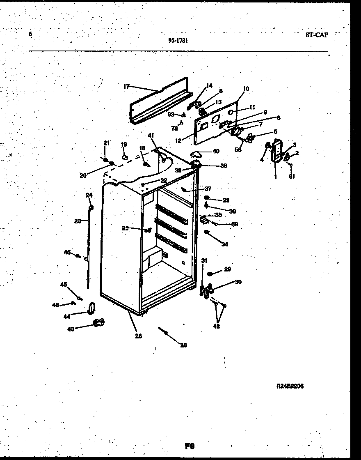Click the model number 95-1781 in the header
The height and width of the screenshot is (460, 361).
coord(178,40)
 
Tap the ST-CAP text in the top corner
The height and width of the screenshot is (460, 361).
coord(317,34)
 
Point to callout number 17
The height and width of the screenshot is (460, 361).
coord(126,87)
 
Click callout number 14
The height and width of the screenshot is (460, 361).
coord(210,86)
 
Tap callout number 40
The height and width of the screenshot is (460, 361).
coord(215,151)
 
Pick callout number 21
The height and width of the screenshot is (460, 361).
coord(107,143)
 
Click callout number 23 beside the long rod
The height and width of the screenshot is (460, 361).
coord(78,221)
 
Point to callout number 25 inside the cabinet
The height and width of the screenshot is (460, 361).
coord(125,228)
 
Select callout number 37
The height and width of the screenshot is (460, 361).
coord(208,189)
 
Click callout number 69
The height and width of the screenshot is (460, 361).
coord(235,224)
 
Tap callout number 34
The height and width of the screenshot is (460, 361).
coord(224,244)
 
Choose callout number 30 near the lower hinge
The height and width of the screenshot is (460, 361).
coord(238,282)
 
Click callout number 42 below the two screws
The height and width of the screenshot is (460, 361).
coord(216,327)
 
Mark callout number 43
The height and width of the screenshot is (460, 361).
coord(71,329)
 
